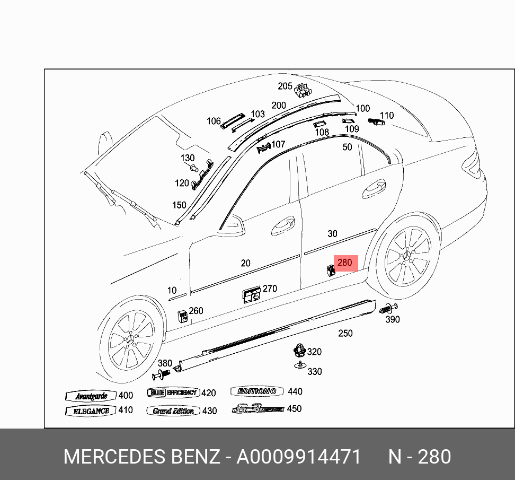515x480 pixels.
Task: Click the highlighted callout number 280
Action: pos(344,263)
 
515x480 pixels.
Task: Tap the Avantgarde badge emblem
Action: pos(91,396)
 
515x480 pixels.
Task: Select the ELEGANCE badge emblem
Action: pos(91,411)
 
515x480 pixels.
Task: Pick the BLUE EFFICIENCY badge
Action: pos(173,393)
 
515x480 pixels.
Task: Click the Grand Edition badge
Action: pos(173,411)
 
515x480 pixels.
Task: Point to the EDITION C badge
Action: pos(257,391)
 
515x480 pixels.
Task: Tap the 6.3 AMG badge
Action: pos(257,409)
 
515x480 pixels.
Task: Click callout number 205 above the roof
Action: pos(285,86)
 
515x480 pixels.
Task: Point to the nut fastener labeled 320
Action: pos(300,351)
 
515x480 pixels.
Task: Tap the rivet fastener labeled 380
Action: pos(159,376)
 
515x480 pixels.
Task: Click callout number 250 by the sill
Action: pos(345,333)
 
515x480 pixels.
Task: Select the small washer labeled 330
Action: pos(300,365)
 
